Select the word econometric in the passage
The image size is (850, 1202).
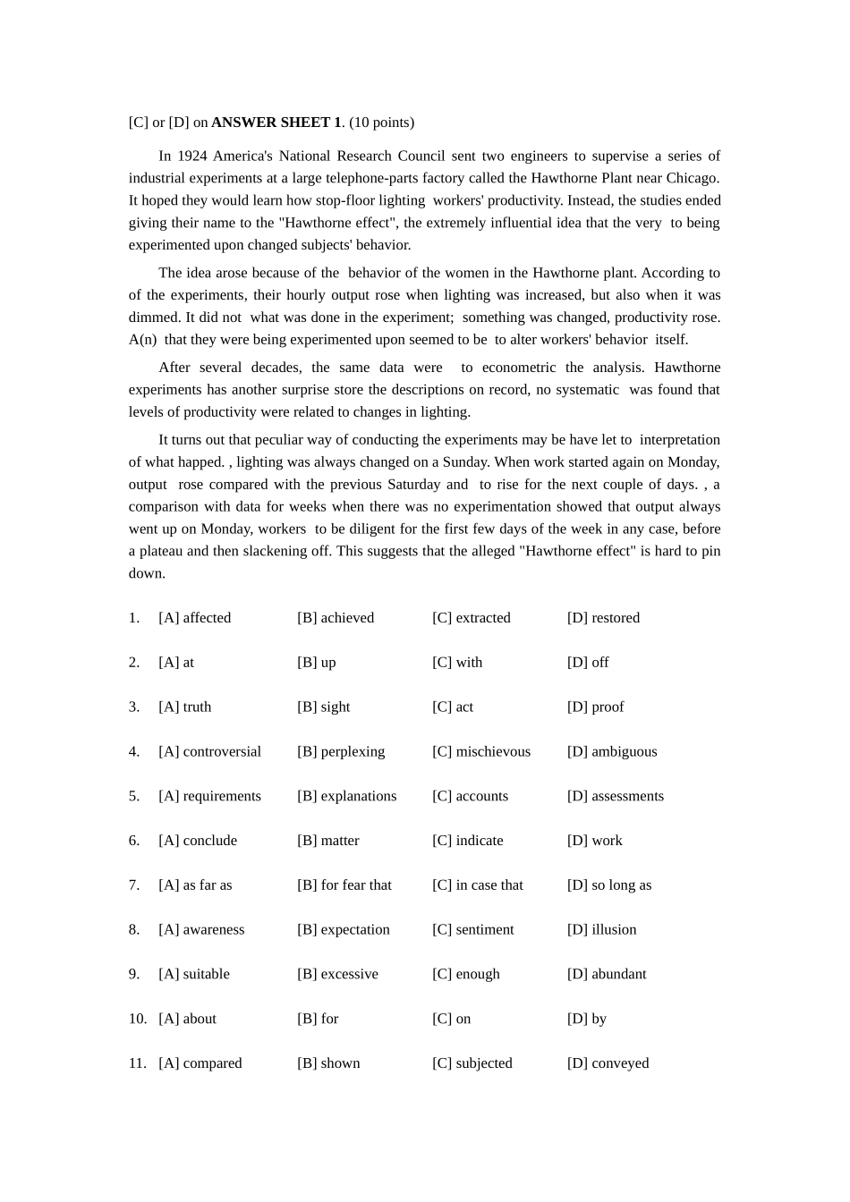519,368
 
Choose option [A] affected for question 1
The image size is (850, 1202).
194,618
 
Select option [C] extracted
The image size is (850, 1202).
471,618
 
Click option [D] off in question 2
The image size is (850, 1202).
587,663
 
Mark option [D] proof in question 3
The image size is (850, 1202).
595,707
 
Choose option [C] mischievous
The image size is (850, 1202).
480,752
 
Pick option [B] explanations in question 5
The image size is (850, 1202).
346,796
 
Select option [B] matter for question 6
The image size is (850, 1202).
327,841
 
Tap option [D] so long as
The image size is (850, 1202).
608,885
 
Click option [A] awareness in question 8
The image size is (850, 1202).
201,930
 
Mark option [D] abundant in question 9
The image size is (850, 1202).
606,974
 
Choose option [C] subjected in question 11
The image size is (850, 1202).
472,1063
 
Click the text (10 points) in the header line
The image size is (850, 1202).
381,123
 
